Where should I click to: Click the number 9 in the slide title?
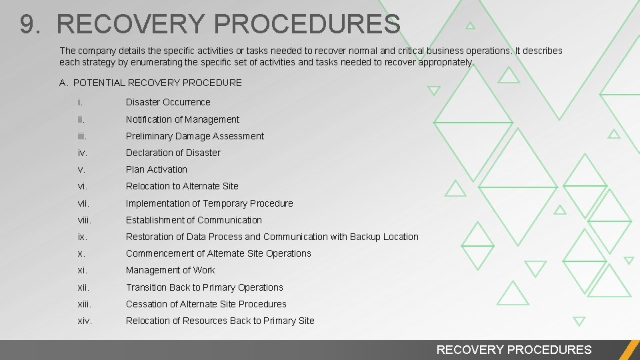click(x=27, y=25)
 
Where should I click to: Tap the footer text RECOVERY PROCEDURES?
click(x=513, y=349)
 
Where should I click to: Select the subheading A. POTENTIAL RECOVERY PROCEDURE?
click(x=150, y=83)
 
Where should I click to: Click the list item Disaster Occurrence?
click(x=168, y=102)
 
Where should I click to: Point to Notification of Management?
click(x=183, y=119)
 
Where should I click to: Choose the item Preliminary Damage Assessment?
click(x=195, y=136)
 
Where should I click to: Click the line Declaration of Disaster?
click(x=173, y=153)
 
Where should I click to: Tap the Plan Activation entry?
click(x=157, y=169)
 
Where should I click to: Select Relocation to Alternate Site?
click(x=182, y=186)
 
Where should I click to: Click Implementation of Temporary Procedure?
click(x=209, y=203)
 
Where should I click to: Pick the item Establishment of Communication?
click(x=194, y=220)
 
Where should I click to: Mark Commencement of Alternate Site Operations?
click(x=219, y=253)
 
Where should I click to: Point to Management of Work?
click(x=171, y=270)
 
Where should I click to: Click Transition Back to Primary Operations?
click(x=205, y=287)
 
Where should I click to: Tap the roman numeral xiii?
click(x=83, y=304)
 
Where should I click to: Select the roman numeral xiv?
click(x=84, y=321)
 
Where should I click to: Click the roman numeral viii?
click(x=83, y=220)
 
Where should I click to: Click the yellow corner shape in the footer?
click(x=629, y=350)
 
